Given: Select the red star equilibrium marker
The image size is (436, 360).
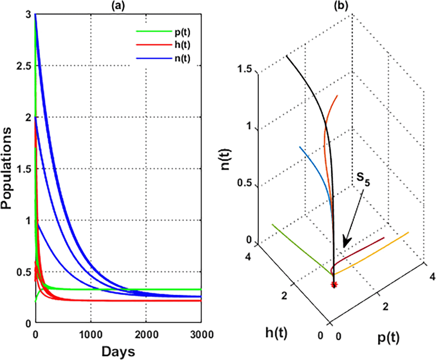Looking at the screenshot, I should click(334, 285).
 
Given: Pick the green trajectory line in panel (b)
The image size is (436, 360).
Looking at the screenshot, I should click(299, 247).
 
